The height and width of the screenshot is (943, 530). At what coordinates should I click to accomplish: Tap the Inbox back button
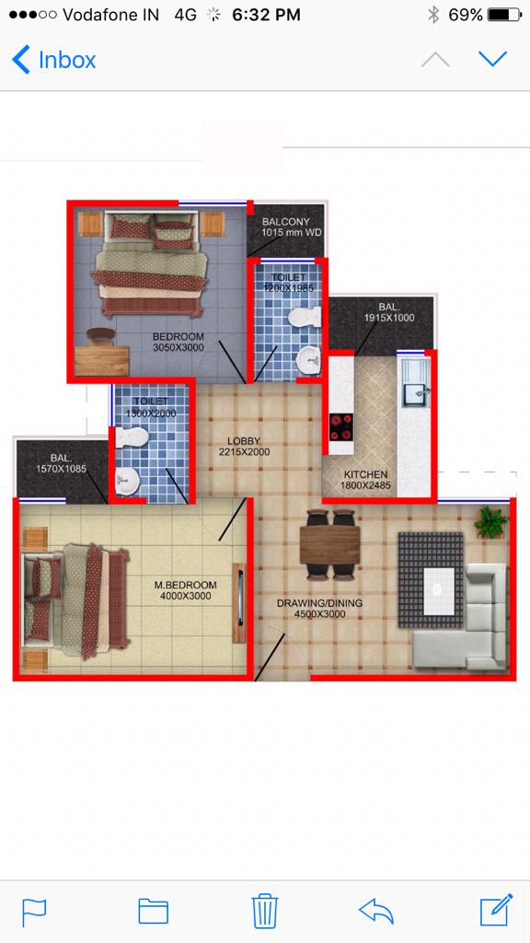point(53,60)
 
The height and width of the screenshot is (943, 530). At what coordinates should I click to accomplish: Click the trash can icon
point(264,912)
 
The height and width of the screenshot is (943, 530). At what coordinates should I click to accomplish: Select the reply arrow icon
point(376,912)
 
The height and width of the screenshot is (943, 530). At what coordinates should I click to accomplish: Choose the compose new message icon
point(496,910)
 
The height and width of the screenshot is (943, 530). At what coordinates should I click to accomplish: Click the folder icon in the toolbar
point(154,912)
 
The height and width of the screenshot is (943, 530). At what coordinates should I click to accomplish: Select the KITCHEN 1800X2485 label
point(365,480)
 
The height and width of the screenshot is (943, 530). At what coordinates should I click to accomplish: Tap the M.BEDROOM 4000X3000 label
point(185,590)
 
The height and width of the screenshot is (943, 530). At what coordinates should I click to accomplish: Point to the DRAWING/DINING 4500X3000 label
point(319,608)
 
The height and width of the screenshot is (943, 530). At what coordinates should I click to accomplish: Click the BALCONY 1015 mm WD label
point(286,227)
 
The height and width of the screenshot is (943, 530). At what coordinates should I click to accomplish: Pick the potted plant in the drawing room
point(491,522)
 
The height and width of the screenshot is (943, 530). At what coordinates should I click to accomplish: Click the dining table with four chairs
point(330,545)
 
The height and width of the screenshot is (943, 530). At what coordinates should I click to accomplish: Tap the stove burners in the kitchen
point(340,427)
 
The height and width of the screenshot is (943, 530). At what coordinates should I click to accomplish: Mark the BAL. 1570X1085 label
point(62,462)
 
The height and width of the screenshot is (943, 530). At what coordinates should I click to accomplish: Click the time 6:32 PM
point(266,15)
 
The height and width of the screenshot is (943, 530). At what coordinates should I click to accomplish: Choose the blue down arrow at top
point(493,59)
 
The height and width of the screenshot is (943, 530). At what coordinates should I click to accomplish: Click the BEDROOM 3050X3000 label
point(178,342)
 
